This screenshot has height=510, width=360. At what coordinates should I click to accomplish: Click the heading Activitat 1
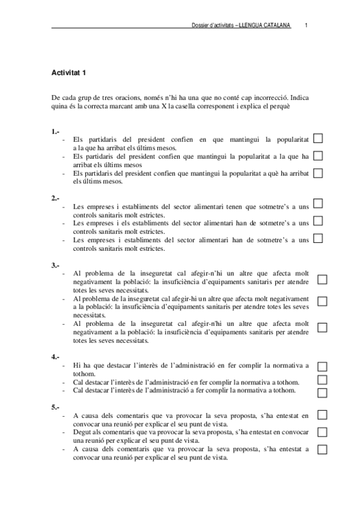[70, 73]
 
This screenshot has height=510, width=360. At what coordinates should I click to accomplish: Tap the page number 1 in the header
[307, 25]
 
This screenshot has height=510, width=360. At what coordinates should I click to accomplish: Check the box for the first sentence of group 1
[318, 139]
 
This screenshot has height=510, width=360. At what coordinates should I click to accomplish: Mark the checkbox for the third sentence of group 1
[318, 173]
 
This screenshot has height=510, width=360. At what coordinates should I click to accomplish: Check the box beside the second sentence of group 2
[318, 221]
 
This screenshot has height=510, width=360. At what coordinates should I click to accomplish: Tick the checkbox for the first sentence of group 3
[322, 280]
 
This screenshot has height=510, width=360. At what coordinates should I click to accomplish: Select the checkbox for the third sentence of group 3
[322, 327]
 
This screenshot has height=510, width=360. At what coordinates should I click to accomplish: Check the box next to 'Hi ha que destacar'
[322, 367]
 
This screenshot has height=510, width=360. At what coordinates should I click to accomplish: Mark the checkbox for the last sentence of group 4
[322, 393]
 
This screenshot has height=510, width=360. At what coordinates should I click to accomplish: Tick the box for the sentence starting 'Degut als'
[322, 432]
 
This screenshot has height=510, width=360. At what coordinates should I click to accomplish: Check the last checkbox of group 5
[322, 449]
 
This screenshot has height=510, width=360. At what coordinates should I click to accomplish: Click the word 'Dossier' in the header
[198, 25]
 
